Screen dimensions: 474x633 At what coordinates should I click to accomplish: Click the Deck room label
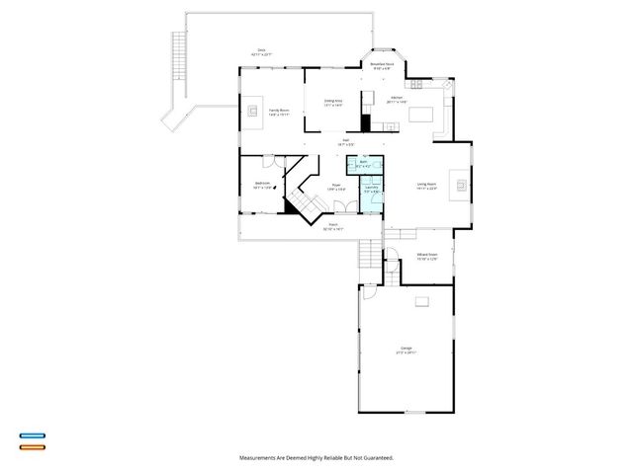(x=261, y=52)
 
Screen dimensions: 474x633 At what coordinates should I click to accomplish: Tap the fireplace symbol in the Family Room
(x=255, y=111)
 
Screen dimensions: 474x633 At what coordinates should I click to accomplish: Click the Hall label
(x=346, y=141)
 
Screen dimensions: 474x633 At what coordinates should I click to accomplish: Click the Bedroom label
(x=262, y=184)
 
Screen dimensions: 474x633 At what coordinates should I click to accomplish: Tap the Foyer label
(x=336, y=186)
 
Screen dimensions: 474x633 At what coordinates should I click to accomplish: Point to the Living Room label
(x=427, y=186)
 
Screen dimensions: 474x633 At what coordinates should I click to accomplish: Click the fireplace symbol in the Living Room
(x=459, y=183)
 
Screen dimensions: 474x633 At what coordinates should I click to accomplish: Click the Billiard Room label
(x=427, y=256)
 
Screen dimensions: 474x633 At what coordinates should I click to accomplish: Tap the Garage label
(x=406, y=350)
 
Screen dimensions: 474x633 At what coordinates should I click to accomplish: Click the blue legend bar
(x=32, y=435)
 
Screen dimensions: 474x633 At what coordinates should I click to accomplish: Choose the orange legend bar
(x=32, y=447)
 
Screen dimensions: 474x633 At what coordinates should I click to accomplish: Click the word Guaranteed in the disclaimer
(x=374, y=458)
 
